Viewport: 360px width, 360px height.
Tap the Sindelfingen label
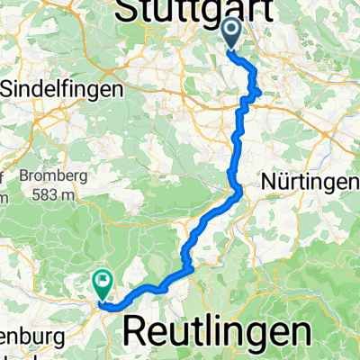pos(56,90)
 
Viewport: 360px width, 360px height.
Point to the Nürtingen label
pos(310,182)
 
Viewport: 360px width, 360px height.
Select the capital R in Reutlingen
pos(135,330)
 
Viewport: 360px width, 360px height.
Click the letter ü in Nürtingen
pos(283,182)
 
